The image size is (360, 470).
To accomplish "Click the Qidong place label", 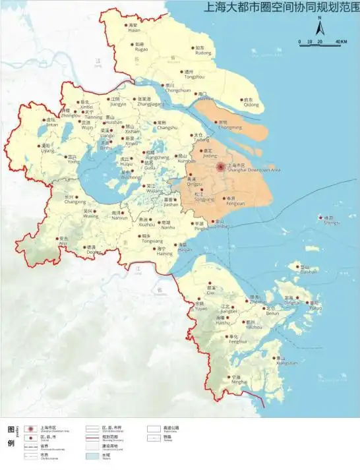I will [251, 104].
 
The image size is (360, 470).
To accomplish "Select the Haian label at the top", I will [135, 30].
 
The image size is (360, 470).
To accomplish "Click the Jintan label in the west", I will [51, 124].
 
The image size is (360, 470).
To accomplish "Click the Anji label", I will [63, 243].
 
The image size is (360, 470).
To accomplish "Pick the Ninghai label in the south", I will [239, 382].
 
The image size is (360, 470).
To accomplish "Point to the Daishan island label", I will [309, 271].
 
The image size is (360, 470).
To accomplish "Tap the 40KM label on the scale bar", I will [341, 42].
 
